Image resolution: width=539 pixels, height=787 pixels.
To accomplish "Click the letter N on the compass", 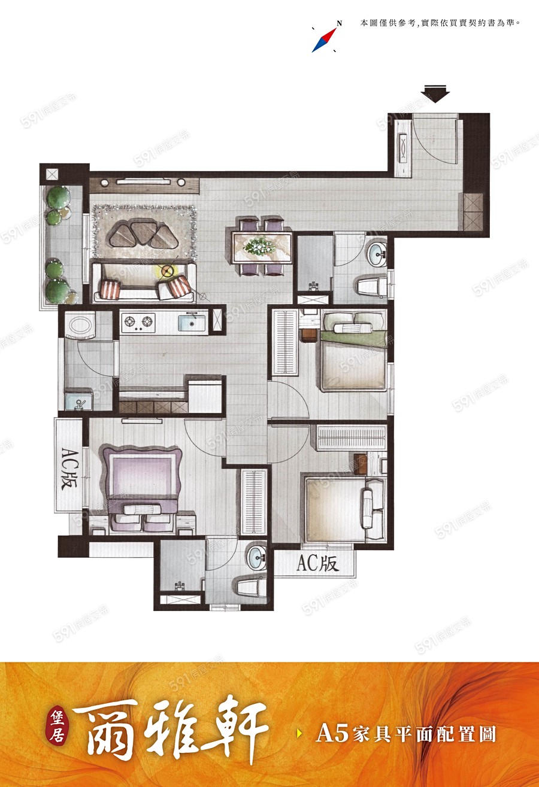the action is click(x=339, y=23).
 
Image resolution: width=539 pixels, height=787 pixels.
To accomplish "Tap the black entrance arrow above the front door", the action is click(x=435, y=94).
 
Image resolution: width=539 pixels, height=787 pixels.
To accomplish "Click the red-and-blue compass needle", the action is click(x=324, y=40).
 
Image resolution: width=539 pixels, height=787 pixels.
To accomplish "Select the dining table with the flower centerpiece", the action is click(x=262, y=247).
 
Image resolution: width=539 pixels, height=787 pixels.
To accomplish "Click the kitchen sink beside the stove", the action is click(x=191, y=323).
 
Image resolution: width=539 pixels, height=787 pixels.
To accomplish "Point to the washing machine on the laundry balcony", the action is click(x=81, y=325).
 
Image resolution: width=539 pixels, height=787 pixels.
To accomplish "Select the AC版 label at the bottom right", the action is click(x=317, y=564).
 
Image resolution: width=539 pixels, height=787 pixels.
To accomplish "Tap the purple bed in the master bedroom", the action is click(x=142, y=488).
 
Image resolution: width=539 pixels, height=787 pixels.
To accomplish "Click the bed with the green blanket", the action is click(x=353, y=351).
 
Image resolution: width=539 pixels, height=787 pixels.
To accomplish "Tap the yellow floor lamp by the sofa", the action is click(x=167, y=271).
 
